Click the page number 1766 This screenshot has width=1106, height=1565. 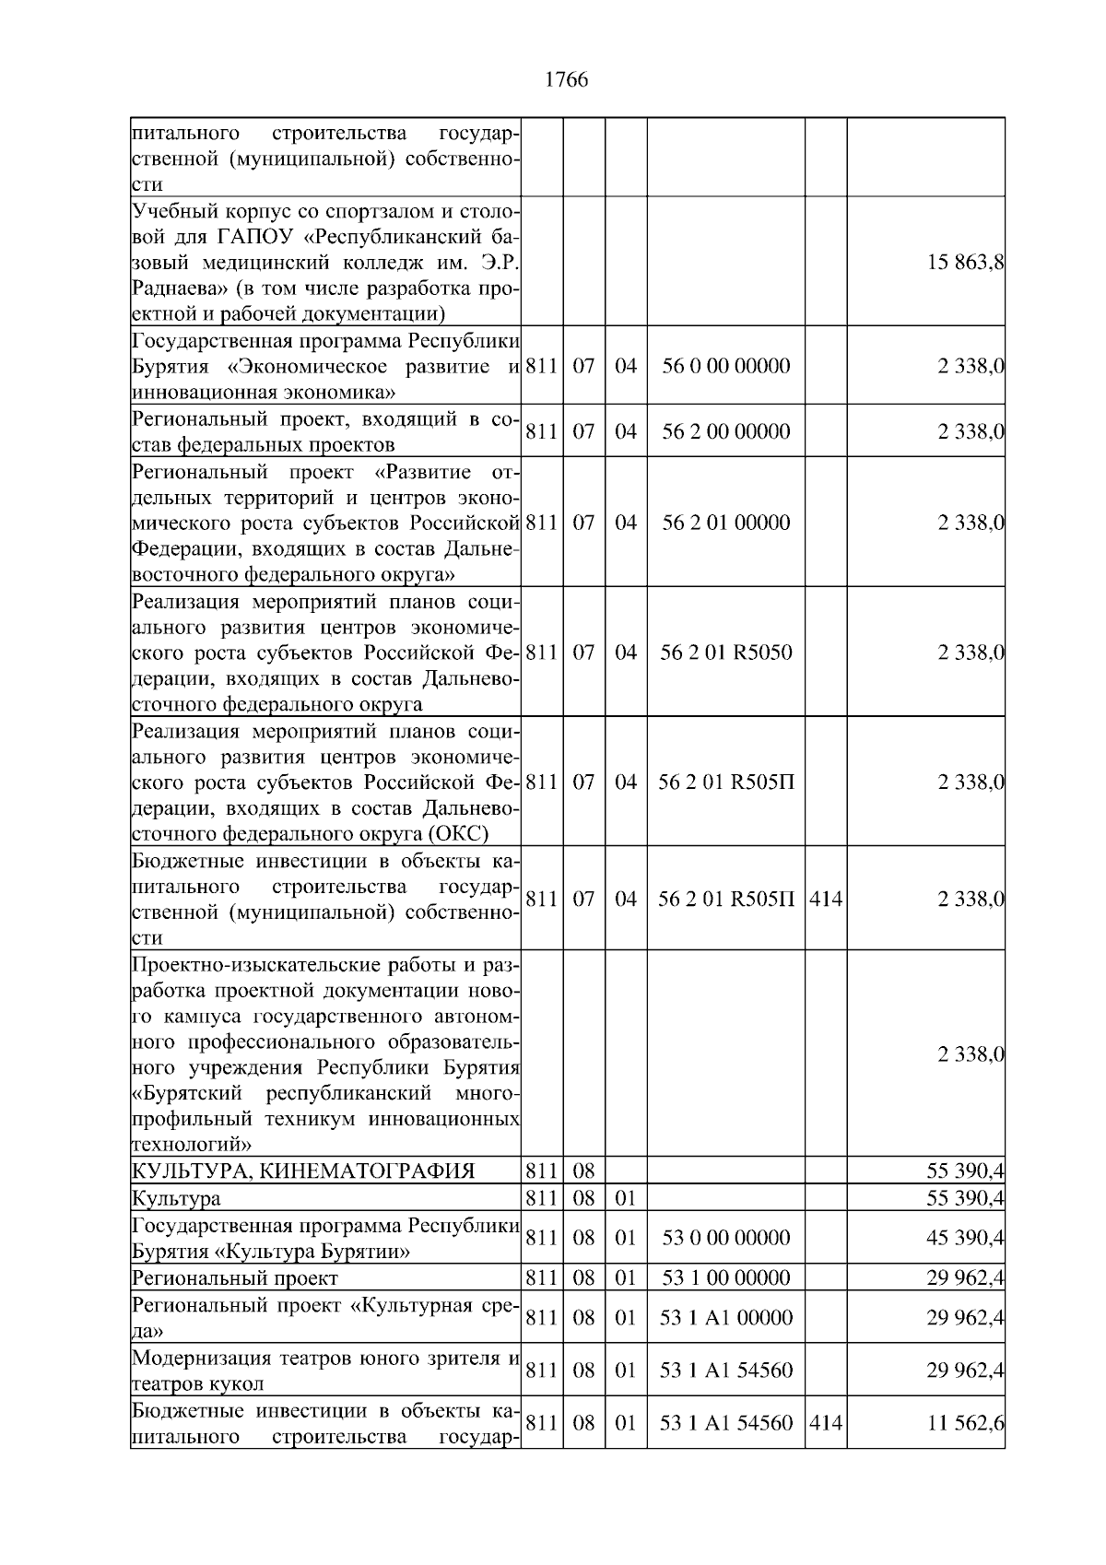566,80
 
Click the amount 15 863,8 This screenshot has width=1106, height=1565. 965,262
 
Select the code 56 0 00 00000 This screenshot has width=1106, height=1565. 725,366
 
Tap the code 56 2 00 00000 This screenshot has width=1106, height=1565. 725,431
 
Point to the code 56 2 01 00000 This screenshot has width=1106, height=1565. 725,523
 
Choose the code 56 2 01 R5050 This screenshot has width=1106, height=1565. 725,653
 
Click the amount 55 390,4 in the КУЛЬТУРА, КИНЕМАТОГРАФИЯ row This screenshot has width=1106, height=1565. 965,1171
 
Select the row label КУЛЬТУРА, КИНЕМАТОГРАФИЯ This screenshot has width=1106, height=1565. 303,1171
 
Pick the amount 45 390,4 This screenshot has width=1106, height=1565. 965,1238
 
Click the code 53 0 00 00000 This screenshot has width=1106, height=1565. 725,1238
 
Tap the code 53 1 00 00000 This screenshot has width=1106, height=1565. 725,1278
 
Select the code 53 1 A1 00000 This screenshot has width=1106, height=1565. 725,1318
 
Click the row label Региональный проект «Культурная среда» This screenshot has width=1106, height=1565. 326,1318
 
